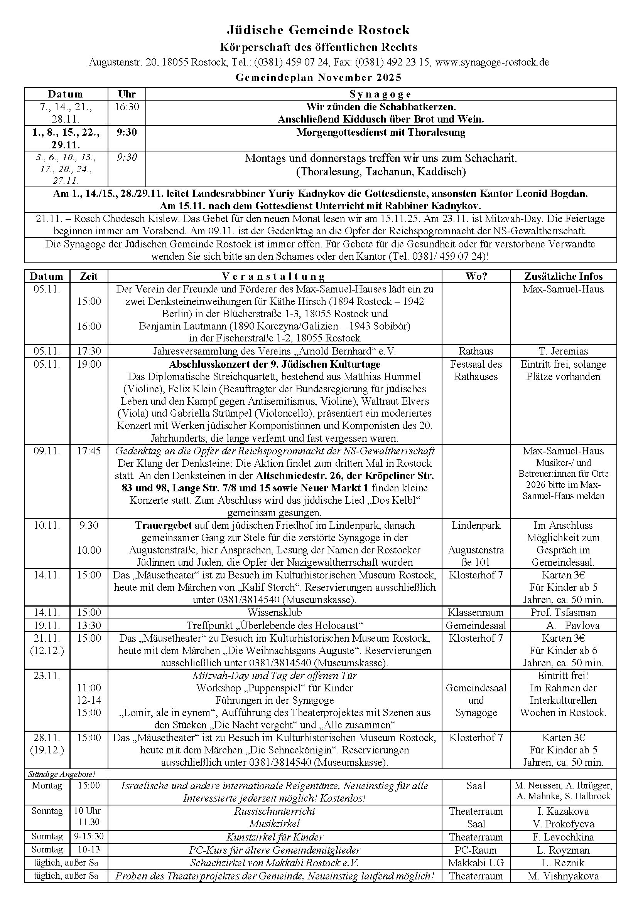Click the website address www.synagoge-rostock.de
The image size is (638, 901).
point(492,62)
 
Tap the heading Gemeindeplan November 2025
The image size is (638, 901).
point(319,77)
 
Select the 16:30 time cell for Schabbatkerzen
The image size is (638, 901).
point(127,107)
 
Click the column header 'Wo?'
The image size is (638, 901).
point(476,276)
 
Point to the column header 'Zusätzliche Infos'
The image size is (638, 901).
point(563,276)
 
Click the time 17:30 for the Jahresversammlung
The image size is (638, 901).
point(89,351)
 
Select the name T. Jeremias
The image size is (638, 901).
point(563,351)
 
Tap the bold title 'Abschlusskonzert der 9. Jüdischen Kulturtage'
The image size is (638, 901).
point(275,364)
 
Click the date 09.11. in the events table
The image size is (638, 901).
point(47,451)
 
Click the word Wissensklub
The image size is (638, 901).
point(275,612)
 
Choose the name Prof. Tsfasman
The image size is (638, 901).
point(563,612)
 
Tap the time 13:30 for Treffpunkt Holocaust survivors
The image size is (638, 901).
point(89,625)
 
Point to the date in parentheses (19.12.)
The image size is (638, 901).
point(47,750)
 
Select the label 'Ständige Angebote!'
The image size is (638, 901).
point(62,774)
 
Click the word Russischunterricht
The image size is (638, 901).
point(275,811)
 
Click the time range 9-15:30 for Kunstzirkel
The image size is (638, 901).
point(89,837)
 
